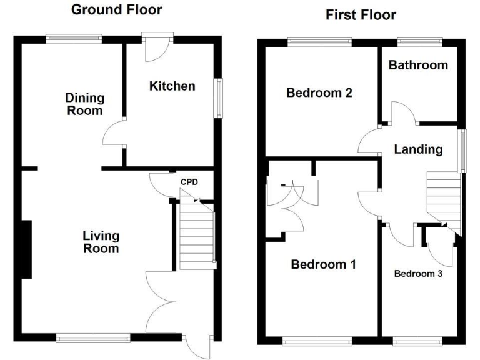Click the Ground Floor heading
116,9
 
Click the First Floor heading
361,15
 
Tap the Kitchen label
172,86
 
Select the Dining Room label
85,104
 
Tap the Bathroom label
418,65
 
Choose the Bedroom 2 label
319,93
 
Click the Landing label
418,149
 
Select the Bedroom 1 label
324,264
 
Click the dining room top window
74,38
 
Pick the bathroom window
421,42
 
